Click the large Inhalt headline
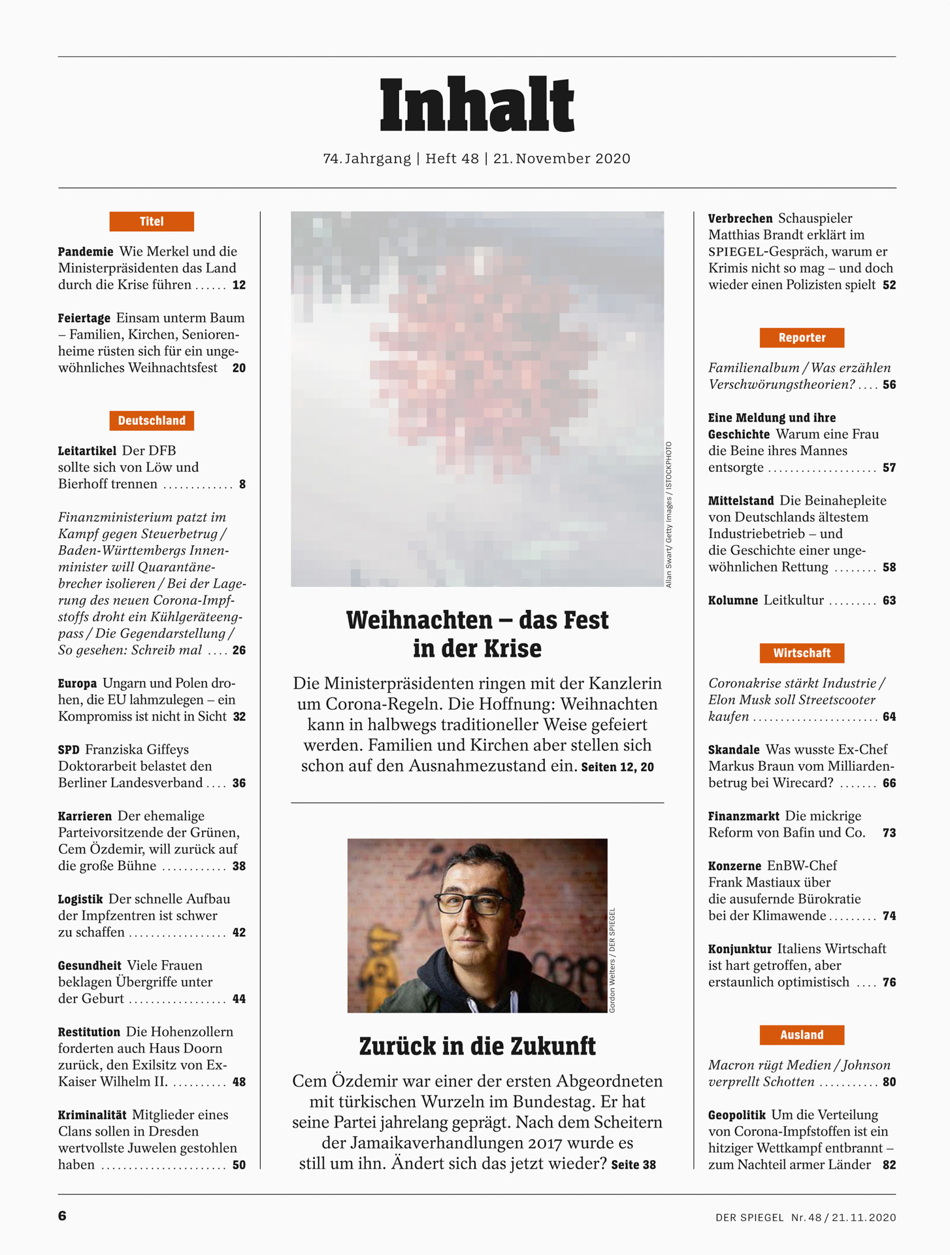click(476, 105)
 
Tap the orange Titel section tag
click(152, 222)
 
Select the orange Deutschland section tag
click(152, 421)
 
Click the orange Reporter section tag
click(802, 338)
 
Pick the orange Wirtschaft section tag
click(802, 653)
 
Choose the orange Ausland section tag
click(802, 1035)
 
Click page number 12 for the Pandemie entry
click(239, 286)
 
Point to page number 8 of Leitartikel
click(242, 484)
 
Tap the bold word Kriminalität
click(92, 1115)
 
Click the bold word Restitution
click(89, 1032)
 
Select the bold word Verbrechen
click(740, 219)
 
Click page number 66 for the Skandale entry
click(889, 783)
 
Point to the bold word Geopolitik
click(736, 1115)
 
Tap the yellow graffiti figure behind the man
click(379, 961)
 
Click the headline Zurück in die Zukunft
click(477, 1046)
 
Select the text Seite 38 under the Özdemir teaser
click(633, 1165)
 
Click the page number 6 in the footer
click(62, 1216)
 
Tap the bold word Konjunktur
click(740, 949)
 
